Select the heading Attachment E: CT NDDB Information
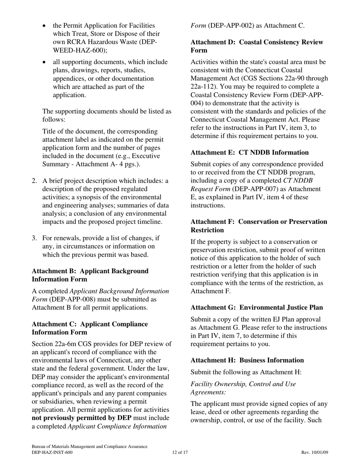[x=249, y=152]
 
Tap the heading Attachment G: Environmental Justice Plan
[x=257, y=307]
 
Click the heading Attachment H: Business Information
[x=247, y=360]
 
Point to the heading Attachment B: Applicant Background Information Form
[x=90, y=275]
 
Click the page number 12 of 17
[x=180, y=452]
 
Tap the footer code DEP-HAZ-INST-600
[x=52, y=452]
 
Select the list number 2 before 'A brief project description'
[x=34, y=181]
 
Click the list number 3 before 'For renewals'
[x=34, y=238]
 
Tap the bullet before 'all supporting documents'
[x=45, y=62]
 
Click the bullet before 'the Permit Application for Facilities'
[x=45, y=26]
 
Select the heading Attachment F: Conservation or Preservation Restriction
[x=259, y=226]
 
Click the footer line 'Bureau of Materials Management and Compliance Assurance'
[x=89, y=447]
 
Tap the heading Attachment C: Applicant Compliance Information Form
[x=90, y=328]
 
